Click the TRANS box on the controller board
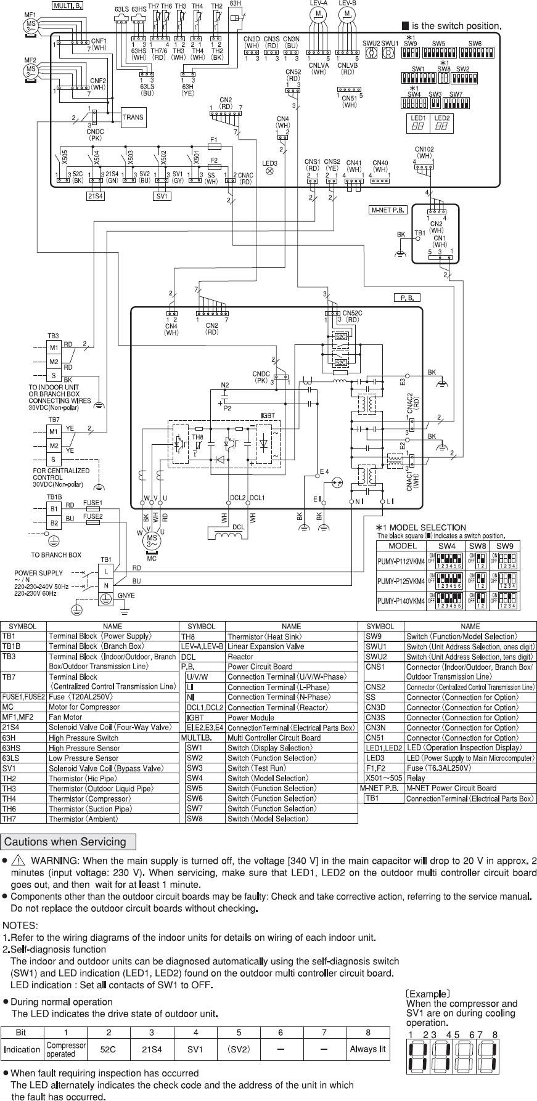[x=133, y=117]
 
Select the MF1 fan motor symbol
[x=30, y=26]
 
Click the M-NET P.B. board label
[x=388, y=209]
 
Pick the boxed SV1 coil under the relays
[x=162, y=197]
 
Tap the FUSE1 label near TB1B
[x=92, y=503]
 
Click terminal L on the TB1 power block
[x=106, y=571]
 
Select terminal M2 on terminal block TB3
[x=54, y=362]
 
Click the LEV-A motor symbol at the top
[x=318, y=13]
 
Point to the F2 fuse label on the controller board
[x=214, y=160]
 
